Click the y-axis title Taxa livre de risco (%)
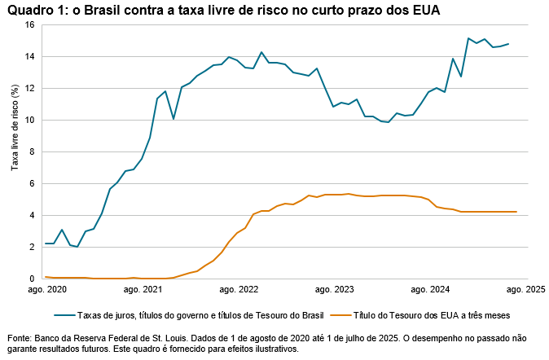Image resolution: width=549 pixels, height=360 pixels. [x=14, y=130]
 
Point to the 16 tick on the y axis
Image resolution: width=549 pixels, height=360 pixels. [x=29, y=25]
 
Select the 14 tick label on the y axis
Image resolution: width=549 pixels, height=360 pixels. [x=29, y=57]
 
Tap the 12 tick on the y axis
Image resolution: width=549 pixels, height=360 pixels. [x=29, y=89]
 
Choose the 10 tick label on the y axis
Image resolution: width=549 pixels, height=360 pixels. [x=29, y=121]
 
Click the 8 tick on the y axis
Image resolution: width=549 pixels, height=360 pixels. [x=31, y=152]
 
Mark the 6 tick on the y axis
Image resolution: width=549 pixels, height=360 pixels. [x=31, y=184]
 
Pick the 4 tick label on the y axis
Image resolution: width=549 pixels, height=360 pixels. [x=31, y=216]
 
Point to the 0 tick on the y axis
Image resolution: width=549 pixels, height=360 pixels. [x=31, y=279]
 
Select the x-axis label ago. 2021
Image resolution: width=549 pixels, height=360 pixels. [x=142, y=289]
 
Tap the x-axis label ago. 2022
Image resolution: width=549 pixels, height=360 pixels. [x=239, y=289]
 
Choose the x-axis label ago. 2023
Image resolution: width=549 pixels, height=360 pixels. [x=335, y=289]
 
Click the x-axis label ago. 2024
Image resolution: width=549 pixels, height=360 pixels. [x=432, y=289]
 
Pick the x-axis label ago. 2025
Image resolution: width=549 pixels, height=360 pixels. [x=525, y=289]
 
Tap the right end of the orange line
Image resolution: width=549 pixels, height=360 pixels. [x=516, y=212]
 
